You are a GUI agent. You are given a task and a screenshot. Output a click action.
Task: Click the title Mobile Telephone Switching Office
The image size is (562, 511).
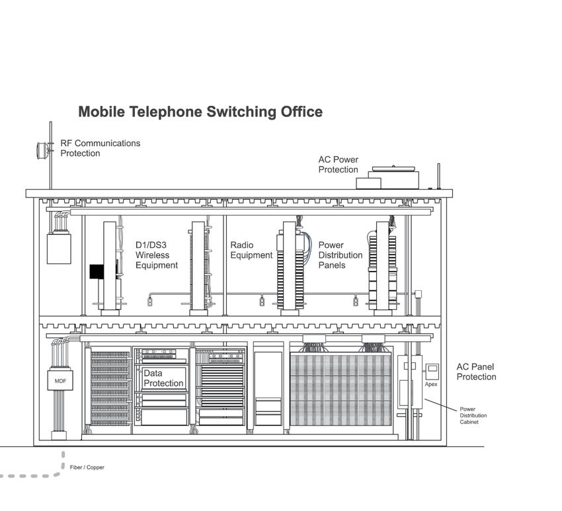point(200,112)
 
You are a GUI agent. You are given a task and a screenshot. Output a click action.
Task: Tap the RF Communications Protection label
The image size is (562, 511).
point(100,148)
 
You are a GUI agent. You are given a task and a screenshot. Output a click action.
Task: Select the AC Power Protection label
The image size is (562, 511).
point(338,165)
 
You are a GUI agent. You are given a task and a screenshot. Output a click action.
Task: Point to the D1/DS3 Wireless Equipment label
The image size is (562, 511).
point(157,255)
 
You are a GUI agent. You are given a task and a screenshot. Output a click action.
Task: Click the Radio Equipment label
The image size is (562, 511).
point(251,250)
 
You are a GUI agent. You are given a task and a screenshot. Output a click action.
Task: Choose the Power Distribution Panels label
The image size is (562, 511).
point(341,255)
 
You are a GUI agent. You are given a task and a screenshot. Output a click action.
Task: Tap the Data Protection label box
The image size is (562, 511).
point(163,379)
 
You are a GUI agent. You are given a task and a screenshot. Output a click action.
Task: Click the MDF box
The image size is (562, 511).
point(60,381)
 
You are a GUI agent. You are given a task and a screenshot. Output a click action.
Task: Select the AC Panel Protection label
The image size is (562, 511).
point(476,372)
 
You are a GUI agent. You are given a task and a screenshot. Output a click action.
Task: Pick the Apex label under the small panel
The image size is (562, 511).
point(431,384)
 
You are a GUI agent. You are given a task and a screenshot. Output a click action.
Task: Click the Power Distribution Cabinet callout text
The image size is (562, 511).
point(473,415)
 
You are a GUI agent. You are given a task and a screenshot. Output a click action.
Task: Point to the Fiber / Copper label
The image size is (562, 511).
point(87,467)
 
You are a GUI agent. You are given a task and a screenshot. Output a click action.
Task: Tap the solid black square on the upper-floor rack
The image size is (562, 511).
point(98,272)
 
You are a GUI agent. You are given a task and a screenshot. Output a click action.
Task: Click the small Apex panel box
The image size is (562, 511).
point(432,370)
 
